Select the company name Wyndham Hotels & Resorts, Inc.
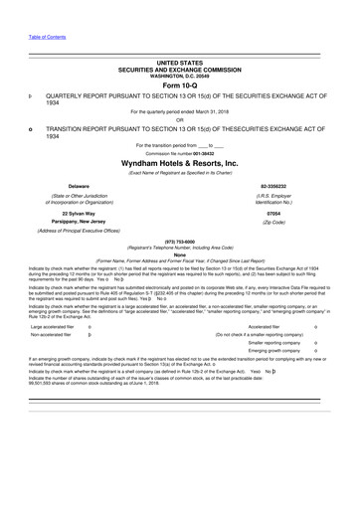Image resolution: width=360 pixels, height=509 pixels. click(x=179, y=161)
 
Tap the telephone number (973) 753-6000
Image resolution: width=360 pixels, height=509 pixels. click(x=179, y=252)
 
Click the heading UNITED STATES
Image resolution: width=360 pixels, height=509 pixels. click(x=179, y=62)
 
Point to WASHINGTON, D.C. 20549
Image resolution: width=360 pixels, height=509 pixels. click(x=179, y=74)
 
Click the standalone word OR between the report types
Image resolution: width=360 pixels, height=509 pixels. click(x=179, y=119)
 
